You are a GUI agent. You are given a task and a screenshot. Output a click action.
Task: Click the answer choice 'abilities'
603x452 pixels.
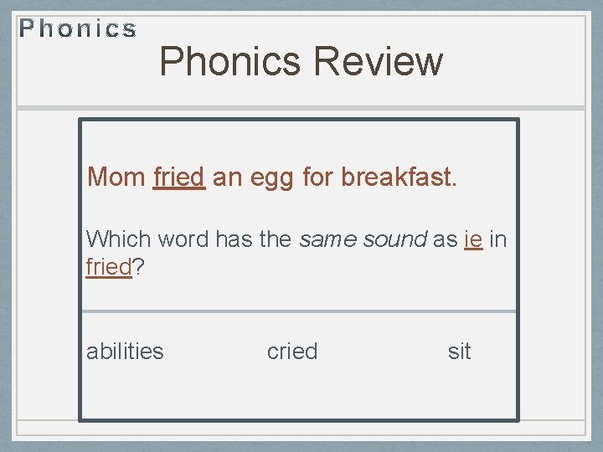[x=125, y=352]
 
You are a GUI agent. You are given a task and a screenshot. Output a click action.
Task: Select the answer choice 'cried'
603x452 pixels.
[x=292, y=352]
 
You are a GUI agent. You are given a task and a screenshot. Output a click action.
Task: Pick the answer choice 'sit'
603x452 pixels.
[x=459, y=352]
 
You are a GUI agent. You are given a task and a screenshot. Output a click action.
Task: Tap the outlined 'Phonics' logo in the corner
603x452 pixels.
[x=78, y=30]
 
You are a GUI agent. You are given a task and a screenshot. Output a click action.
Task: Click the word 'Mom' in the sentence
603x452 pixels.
[x=116, y=177]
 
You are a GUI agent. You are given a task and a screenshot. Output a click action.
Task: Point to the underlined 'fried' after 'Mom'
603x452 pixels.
[x=179, y=177]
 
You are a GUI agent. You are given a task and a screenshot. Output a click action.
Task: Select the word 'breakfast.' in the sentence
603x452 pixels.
[x=399, y=177]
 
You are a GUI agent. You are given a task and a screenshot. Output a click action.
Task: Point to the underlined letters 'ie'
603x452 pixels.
[x=472, y=239]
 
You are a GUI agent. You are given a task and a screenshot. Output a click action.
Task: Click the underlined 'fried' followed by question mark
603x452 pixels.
[x=109, y=268]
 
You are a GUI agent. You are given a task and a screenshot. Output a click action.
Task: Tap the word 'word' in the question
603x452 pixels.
[x=183, y=239]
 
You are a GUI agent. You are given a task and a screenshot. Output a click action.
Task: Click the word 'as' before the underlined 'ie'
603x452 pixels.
[x=444, y=239]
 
